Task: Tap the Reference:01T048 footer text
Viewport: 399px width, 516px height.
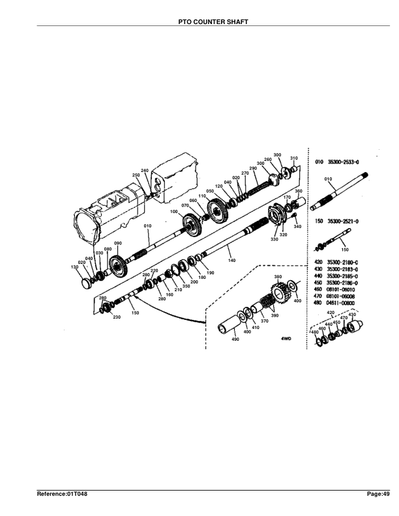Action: point(62,495)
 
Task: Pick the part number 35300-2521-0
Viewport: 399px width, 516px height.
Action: point(343,222)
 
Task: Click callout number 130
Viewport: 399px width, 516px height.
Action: point(74,268)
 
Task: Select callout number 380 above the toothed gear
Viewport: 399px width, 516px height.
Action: point(278,277)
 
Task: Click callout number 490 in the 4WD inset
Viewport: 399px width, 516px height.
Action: point(235,339)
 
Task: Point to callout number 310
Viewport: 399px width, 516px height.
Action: point(293,158)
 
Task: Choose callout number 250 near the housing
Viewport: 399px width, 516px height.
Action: point(136,175)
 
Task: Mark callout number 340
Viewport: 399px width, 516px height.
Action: point(297,226)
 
